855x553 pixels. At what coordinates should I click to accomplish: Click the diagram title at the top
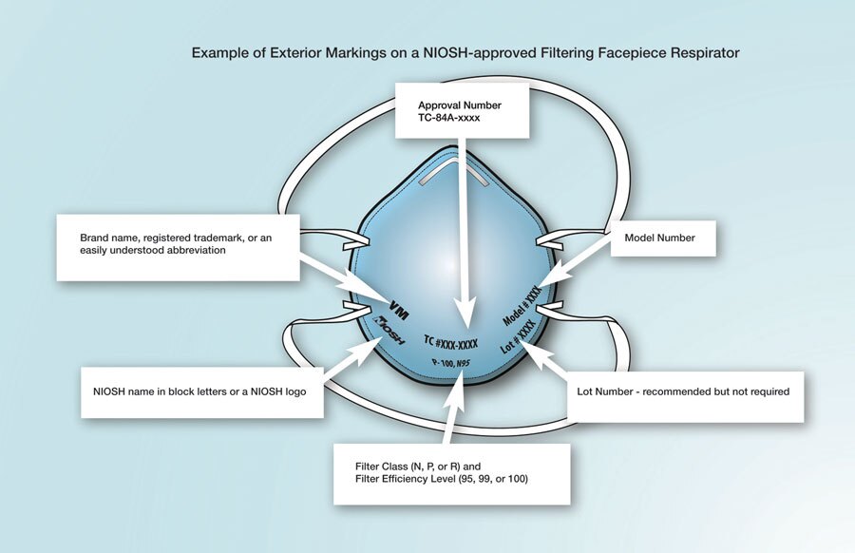coord(465,53)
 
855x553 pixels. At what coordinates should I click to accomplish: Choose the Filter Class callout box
coord(451,473)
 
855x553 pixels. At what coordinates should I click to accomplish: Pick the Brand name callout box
coord(178,247)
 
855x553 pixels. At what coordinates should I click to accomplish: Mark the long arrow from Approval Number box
coord(463,228)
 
